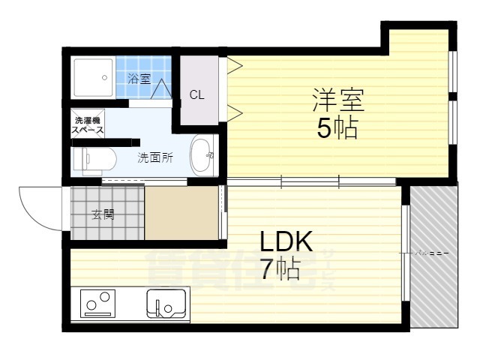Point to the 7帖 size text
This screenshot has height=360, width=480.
pos(280,268)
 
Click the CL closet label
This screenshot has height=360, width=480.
pos(196,94)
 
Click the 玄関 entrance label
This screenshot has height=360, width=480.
pos(103,214)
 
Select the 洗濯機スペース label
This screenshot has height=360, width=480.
pos(88,125)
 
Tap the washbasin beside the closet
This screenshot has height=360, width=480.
pos(202,157)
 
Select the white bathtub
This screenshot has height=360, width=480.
pos(94,76)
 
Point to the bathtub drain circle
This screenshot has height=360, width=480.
pos(105,76)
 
